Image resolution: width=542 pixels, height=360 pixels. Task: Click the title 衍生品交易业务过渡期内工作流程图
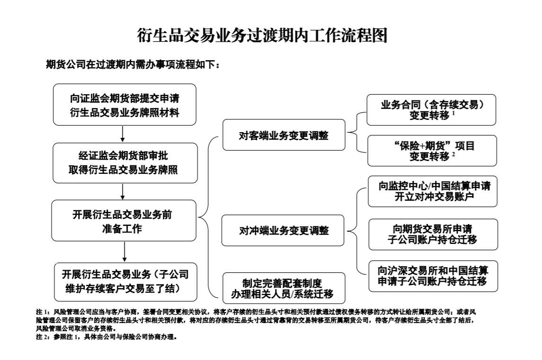[x=262, y=36]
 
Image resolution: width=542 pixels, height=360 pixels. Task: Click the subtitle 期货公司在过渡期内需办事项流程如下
[x=133, y=65]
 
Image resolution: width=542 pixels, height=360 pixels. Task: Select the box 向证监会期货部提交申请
[x=124, y=105]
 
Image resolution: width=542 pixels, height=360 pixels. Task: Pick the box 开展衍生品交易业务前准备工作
[x=124, y=221]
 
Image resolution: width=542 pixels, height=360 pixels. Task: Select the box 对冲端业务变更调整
[x=284, y=231]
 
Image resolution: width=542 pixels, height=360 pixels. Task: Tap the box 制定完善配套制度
[x=284, y=288]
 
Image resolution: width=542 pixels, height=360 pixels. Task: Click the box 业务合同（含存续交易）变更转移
[x=431, y=110]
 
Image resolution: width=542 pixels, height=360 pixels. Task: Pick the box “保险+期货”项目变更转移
[x=431, y=151]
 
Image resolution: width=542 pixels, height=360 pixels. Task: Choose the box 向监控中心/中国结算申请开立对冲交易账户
[x=432, y=191]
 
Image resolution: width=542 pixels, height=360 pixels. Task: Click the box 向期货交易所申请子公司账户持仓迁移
[x=432, y=234]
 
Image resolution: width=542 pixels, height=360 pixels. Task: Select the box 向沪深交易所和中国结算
[x=432, y=276]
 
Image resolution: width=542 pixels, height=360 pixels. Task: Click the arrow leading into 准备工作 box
[x=123, y=191]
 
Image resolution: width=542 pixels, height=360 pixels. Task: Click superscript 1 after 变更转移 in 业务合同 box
[x=453, y=113]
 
